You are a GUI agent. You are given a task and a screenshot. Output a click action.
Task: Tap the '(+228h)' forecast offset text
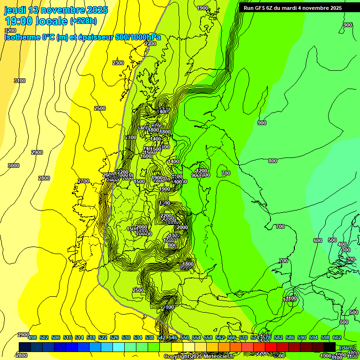click(83, 21)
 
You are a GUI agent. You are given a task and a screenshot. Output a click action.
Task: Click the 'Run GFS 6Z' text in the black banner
click(259, 8)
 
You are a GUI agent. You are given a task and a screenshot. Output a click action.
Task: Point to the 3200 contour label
click(10, 30)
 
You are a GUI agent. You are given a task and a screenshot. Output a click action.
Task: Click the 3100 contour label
click(20, 81)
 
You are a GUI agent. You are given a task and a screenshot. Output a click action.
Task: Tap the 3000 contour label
click(14, 165)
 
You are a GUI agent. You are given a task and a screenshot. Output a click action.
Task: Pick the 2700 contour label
click(83, 181)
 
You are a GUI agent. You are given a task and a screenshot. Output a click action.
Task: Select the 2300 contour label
click(118, 63)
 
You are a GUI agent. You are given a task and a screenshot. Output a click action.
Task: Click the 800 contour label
click(273, 161)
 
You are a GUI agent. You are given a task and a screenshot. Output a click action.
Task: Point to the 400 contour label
click(342, 244)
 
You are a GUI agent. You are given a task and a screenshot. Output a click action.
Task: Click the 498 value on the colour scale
click(32, 337)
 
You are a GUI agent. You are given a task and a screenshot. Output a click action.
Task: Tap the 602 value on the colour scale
click(337, 337)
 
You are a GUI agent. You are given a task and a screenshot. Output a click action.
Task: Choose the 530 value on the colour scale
click(126, 337)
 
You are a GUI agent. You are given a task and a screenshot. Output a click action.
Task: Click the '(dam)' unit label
click(347, 347)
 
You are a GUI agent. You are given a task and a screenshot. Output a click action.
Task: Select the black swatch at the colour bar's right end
click(330, 346)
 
